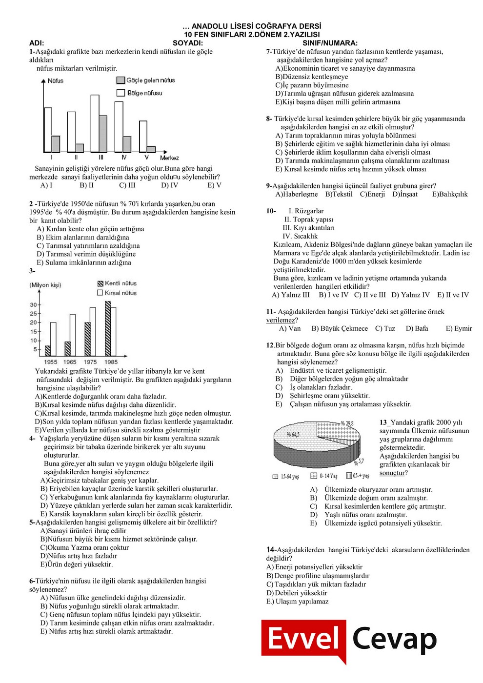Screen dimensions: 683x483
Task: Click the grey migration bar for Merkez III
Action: coord(103,134)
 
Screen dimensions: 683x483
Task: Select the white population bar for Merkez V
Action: coord(143,137)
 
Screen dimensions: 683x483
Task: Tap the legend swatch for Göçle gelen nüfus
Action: coord(121,80)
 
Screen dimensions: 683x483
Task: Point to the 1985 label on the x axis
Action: coord(111,362)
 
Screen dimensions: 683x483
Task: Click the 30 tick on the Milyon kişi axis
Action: coord(33,305)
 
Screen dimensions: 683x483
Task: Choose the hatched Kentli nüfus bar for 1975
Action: coord(87,339)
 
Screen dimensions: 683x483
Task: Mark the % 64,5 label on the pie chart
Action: coord(293,434)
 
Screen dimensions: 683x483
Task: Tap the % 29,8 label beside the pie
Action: coord(347,423)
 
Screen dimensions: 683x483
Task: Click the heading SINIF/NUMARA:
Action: coord(330,43)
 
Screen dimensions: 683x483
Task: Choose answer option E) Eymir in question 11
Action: coord(459,328)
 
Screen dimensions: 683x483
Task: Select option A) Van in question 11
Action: coord(290,328)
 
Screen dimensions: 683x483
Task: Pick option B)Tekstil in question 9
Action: coord(339,194)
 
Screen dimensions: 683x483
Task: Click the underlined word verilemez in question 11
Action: coord(281,320)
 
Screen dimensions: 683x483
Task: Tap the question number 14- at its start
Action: coord(271,550)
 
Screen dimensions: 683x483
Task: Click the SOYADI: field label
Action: coord(188,43)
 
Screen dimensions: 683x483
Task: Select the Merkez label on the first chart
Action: coord(169,158)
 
